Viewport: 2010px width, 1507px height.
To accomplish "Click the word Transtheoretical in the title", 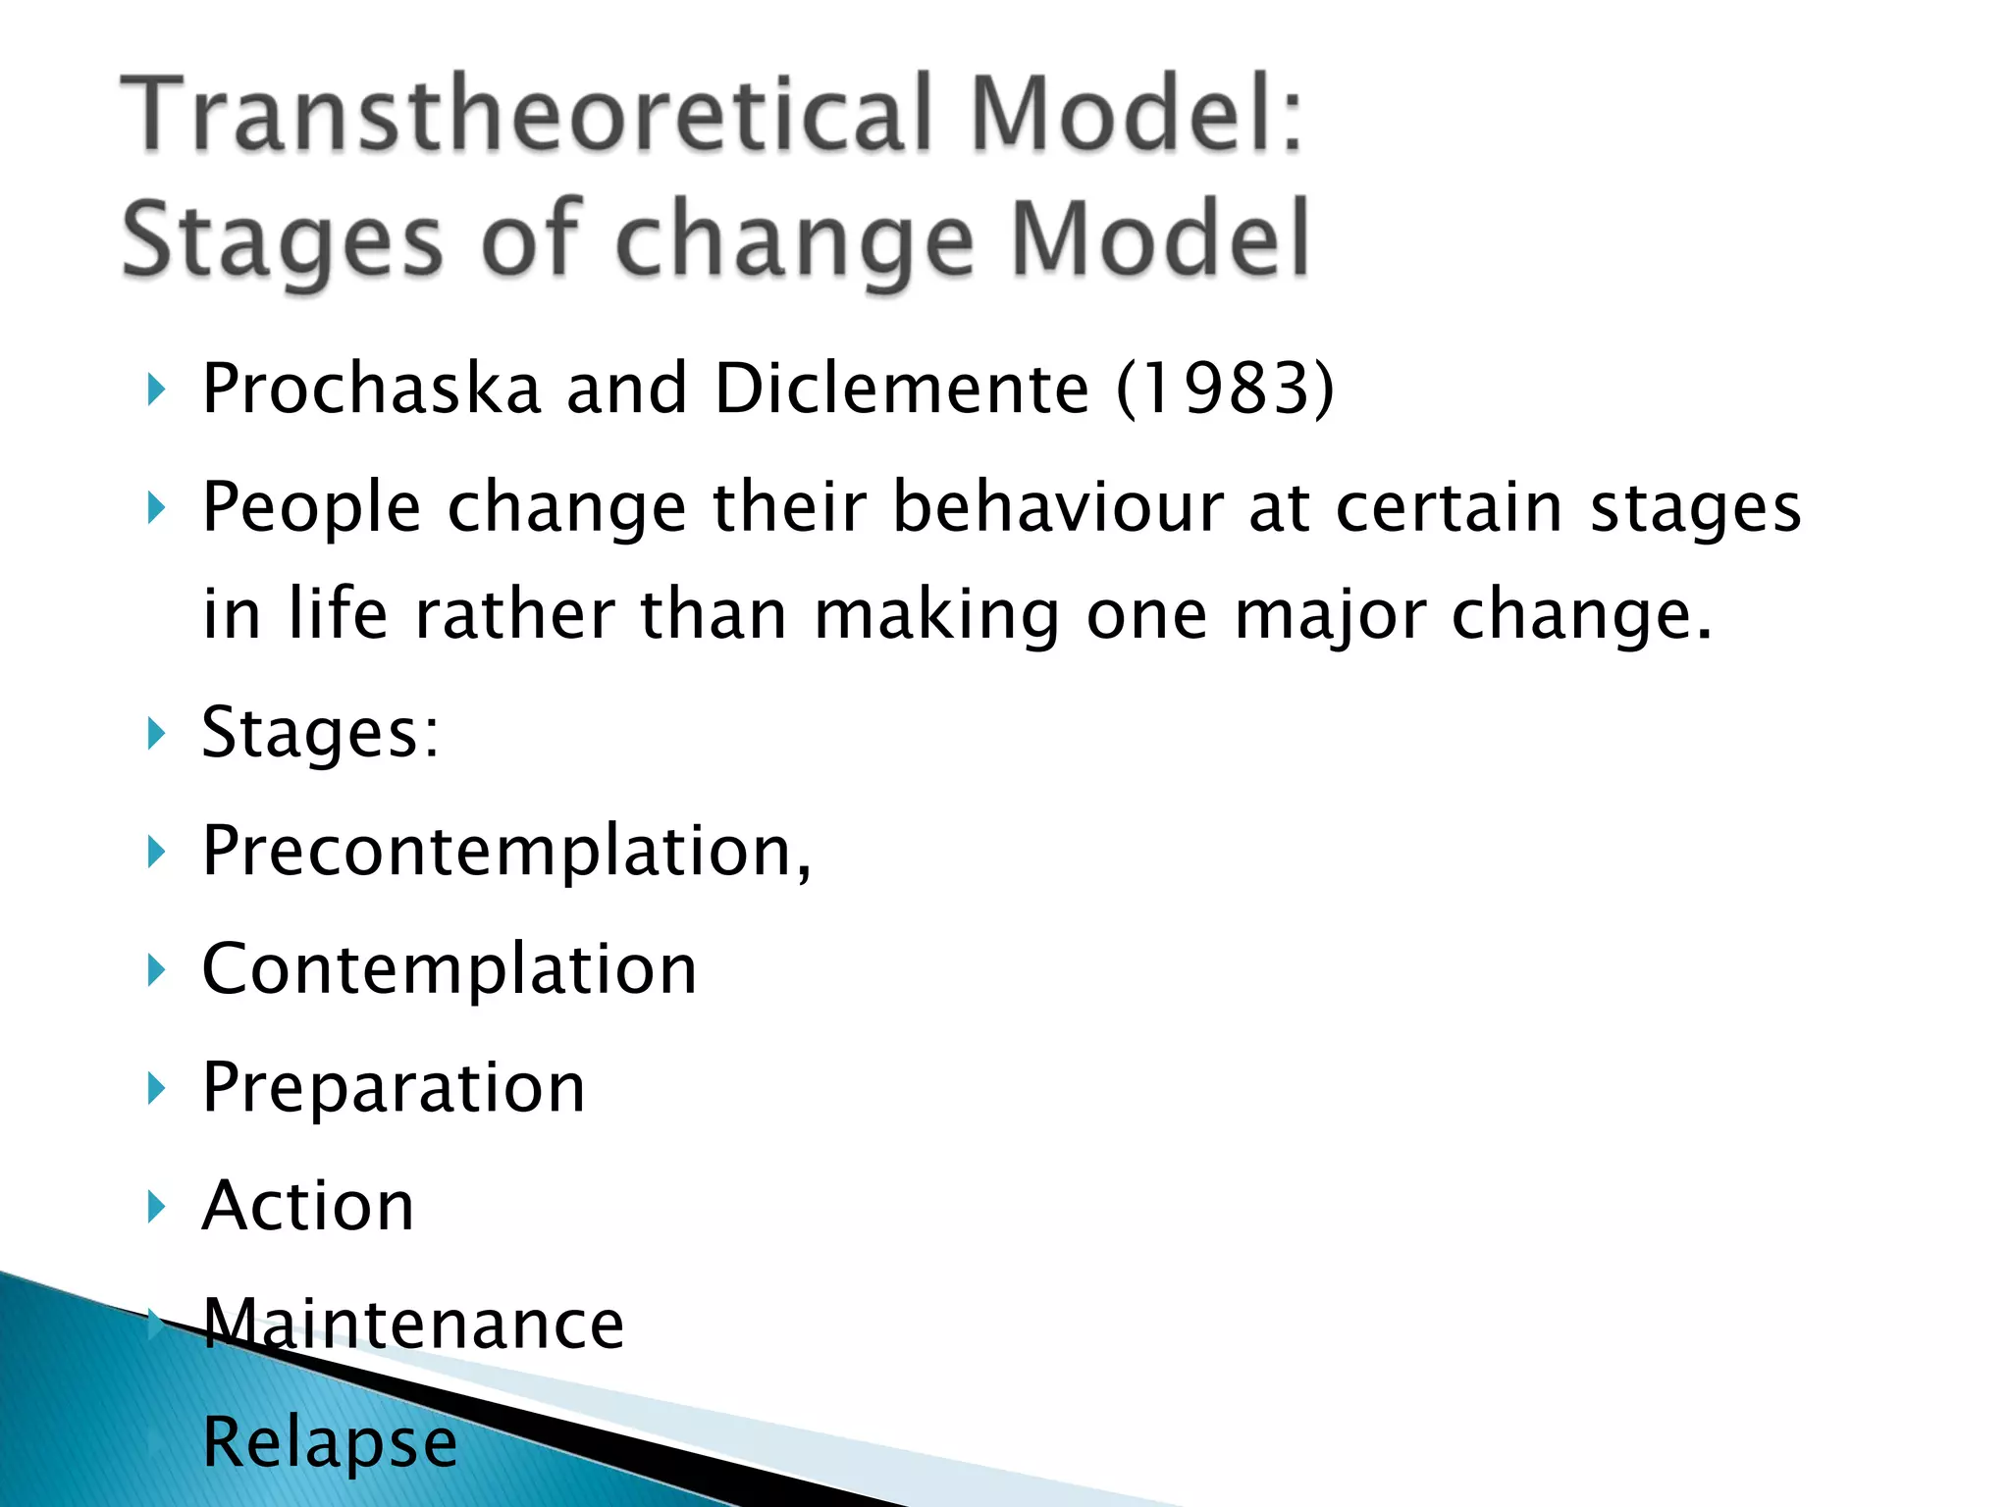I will tap(525, 116).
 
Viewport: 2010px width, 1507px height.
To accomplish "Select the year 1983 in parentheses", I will tap(1225, 389).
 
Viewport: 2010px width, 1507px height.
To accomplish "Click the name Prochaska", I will tap(371, 389).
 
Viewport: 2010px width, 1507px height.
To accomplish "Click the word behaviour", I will tap(1058, 507).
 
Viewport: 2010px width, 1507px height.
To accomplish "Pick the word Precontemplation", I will tap(505, 851).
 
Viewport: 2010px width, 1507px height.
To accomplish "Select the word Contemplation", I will tap(449, 969).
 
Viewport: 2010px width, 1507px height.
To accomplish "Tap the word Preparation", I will tap(394, 1088).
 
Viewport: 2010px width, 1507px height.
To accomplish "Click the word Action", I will tap(308, 1206).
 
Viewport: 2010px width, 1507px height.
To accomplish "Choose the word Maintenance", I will tap(413, 1325).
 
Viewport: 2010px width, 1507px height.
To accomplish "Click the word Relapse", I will tap(330, 1443).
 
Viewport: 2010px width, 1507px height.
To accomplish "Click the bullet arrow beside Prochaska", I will tap(155, 390).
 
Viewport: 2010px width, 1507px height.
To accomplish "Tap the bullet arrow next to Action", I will tap(155, 1207).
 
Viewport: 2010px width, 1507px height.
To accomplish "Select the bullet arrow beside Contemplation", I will tap(155, 970).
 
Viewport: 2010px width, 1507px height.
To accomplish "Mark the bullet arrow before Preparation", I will tap(155, 1089).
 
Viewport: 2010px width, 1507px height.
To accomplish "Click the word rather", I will tap(515, 615).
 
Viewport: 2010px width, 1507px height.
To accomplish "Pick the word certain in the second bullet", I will tap(1449, 507).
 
